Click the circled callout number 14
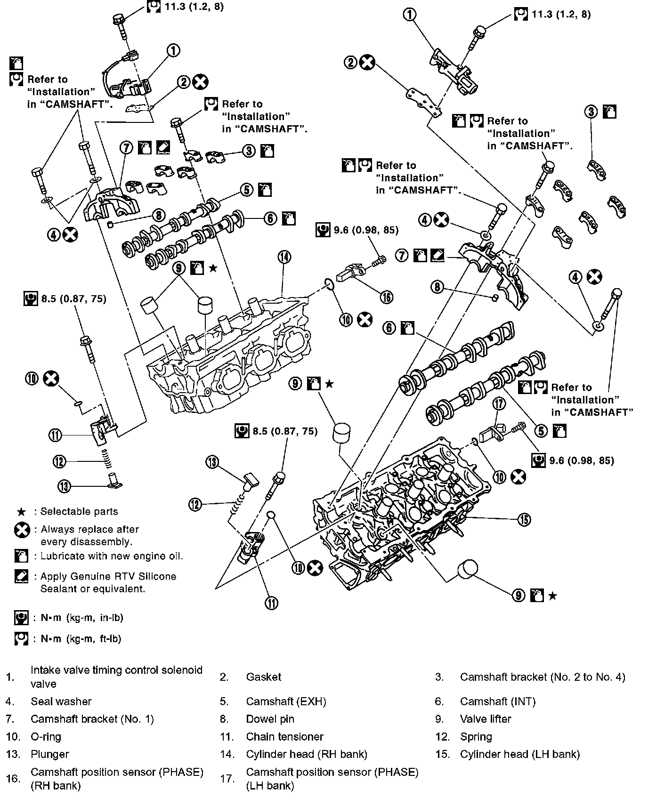click(284, 257)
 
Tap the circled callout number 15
click(524, 519)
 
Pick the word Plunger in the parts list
click(49, 754)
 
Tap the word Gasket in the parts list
click(263, 677)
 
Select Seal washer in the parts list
click(61, 701)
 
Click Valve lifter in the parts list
click(485, 719)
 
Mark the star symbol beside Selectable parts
click(21, 511)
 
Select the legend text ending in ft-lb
click(81, 639)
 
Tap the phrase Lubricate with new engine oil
click(112, 556)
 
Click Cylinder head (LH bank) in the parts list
click(519, 754)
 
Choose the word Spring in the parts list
click(476, 736)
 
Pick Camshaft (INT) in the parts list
click(497, 701)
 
